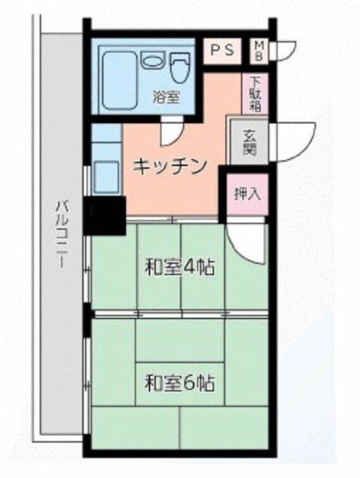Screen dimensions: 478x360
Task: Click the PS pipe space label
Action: click(x=221, y=51)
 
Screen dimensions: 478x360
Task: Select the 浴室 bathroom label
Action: click(x=165, y=97)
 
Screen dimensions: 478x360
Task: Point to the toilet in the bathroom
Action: click(x=179, y=68)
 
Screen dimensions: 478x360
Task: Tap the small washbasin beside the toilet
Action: click(x=150, y=63)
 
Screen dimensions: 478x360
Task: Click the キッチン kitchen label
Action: click(x=169, y=167)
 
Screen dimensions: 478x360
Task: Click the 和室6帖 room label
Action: click(x=179, y=384)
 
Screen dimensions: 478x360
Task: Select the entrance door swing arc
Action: click(x=293, y=142)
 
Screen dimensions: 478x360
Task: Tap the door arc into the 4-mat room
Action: click(x=246, y=240)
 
